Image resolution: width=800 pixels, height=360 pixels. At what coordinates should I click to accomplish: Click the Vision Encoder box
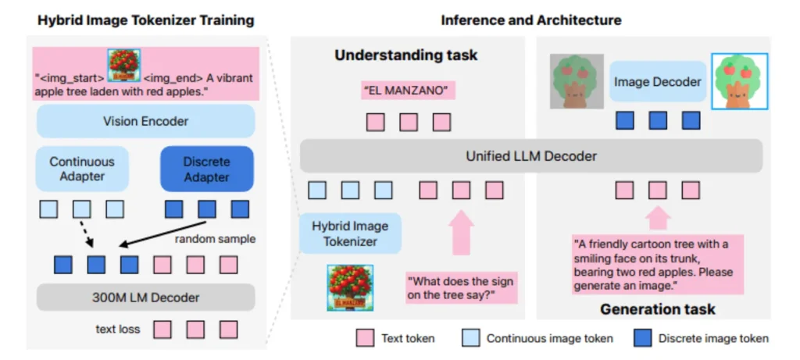point(145,121)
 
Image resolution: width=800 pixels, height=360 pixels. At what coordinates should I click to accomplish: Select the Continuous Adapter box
point(82,169)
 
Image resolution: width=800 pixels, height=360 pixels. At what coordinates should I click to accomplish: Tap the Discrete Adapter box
point(207,169)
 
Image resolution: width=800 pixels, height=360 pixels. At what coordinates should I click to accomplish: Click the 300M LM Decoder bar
point(146,298)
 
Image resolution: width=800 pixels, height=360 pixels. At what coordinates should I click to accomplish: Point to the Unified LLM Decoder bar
point(531,156)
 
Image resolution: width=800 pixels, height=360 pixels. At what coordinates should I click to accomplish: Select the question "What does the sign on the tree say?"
point(460,287)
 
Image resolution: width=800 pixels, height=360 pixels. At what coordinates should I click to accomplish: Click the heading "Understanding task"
point(405,55)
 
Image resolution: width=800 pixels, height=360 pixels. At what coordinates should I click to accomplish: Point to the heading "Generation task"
point(658,309)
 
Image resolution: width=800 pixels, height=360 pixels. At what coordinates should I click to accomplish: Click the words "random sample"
point(216,238)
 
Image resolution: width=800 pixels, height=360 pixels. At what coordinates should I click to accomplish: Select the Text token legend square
point(365,338)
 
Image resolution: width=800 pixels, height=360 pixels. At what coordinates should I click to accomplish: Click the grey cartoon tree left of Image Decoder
point(577,80)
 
